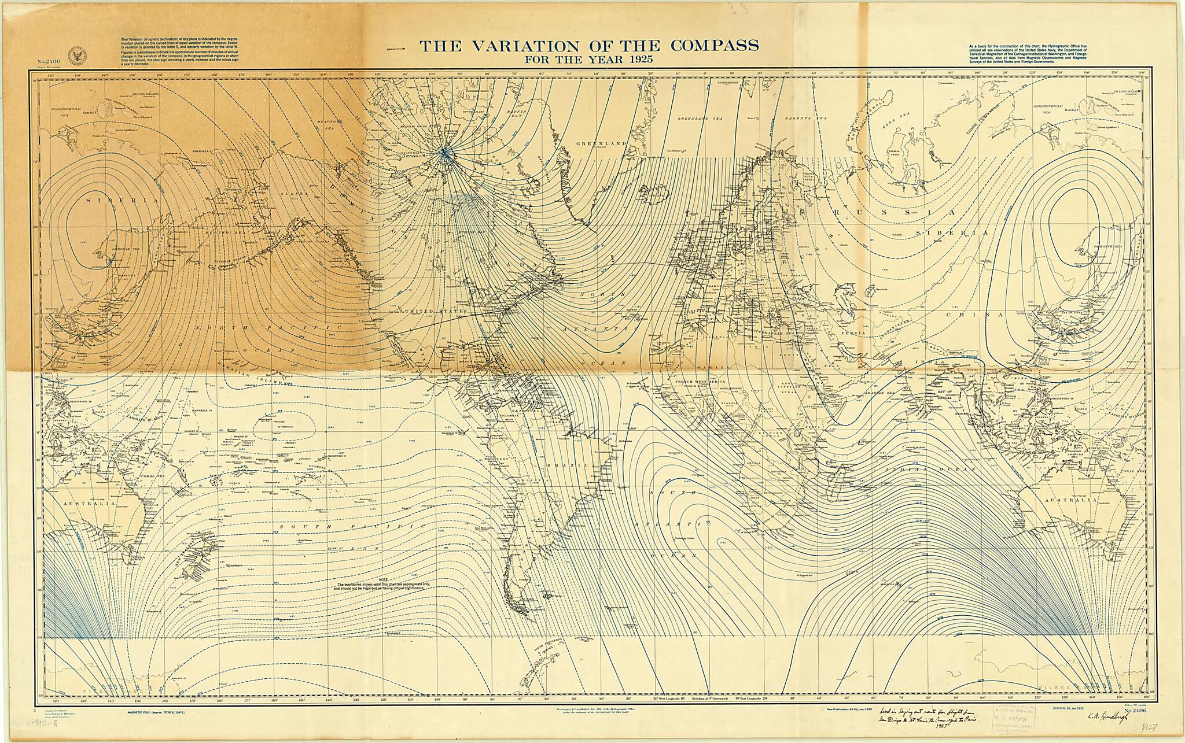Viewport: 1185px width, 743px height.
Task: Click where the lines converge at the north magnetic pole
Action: point(444,151)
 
